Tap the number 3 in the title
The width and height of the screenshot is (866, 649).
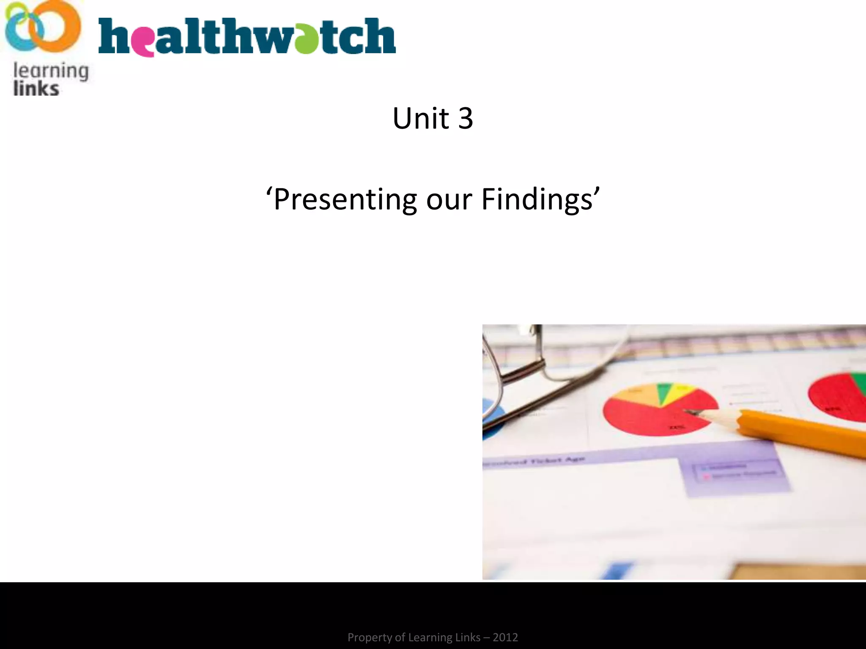point(465,119)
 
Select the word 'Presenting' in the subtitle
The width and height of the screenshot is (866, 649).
point(345,199)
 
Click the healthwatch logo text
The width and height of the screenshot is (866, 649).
point(247,37)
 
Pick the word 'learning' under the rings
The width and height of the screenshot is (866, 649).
point(51,71)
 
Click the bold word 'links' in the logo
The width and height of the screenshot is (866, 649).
point(36,89)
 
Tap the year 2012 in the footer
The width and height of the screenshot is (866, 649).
point(505,637)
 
